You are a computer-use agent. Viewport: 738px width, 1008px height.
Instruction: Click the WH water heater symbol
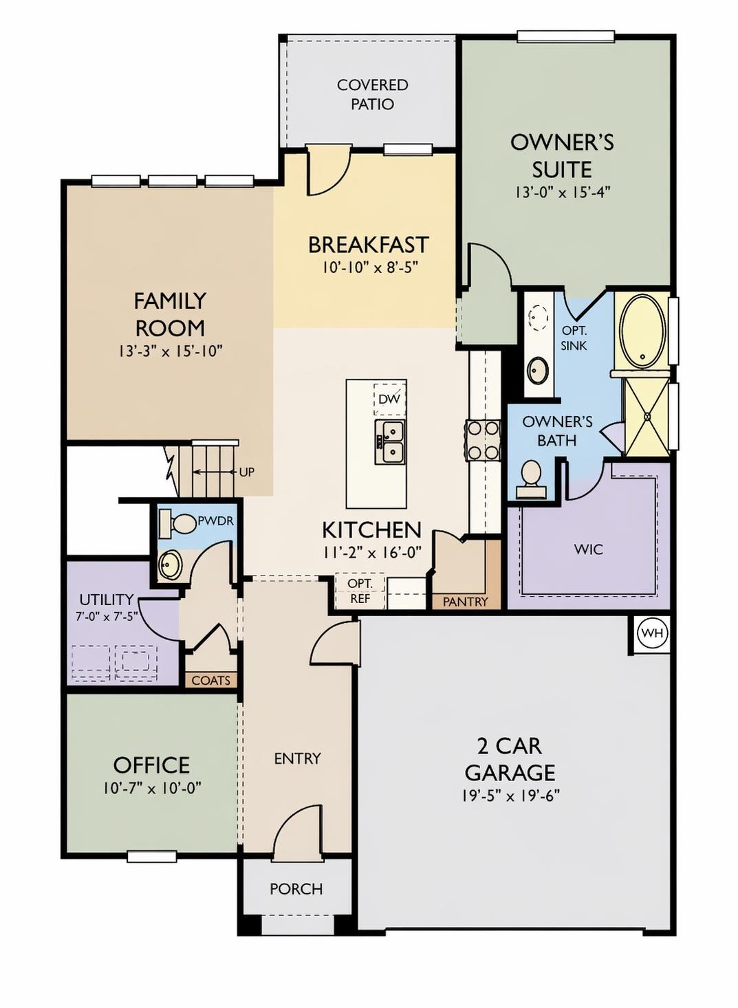pyautogui.click(x=651, y=633)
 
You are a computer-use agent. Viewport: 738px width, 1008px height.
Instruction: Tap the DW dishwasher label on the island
pyautogui.click(x=389, y=399)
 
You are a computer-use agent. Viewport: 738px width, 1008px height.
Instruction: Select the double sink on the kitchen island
pyautogui.click(x=389, y=442)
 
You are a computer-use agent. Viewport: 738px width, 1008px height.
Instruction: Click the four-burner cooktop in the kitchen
pyautogui.click(x=483, y=441)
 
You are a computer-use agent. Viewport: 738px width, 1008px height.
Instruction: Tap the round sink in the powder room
pyautogui.click(x=170, y=565)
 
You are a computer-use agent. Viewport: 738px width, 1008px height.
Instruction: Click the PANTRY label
pyautogui.click(x=465, y=602)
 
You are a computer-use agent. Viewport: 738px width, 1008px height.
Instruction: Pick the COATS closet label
pyautogui.click(x=211, y=680)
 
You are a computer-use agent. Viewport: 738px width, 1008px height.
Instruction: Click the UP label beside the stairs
pyautogui.click(x=246, y=472)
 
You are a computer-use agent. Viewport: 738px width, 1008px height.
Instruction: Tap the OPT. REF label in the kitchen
pyautogui.click(x=360, y=591)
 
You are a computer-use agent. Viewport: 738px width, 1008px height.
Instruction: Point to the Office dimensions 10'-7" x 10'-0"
pyautogui.click(x=152, y=788)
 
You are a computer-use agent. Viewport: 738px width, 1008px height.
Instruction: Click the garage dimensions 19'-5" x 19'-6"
pyautogui.click(x=510, y=796)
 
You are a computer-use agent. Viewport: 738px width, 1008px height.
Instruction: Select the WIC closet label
pyautogui.click(x=588, y=549)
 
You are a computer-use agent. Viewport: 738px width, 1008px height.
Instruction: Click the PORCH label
pyautogui.click(x=296, y=888)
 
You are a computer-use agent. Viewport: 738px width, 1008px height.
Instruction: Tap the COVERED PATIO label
pyautogui.click(x=372, y=94)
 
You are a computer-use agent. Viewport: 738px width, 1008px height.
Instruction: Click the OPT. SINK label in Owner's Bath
pyautogui.click(x=574, y=338)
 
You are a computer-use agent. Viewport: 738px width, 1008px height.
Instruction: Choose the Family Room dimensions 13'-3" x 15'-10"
pyautogui.click(x=170, y=351)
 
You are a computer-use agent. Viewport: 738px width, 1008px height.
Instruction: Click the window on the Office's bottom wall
pyautogui.click(x=152, y=857)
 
